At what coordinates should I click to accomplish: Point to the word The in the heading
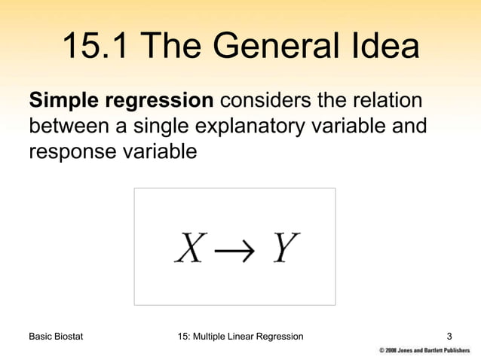[171, 47]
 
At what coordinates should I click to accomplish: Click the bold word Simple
[63, 101]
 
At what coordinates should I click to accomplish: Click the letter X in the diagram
[190, 247]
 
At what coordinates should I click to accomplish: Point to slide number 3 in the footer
[450, 336]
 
